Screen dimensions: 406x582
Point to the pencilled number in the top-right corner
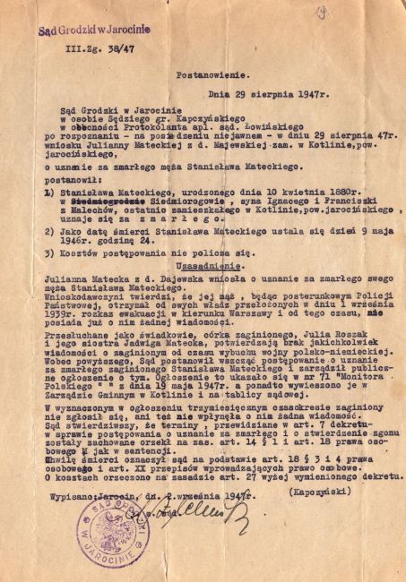click(368, 13)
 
